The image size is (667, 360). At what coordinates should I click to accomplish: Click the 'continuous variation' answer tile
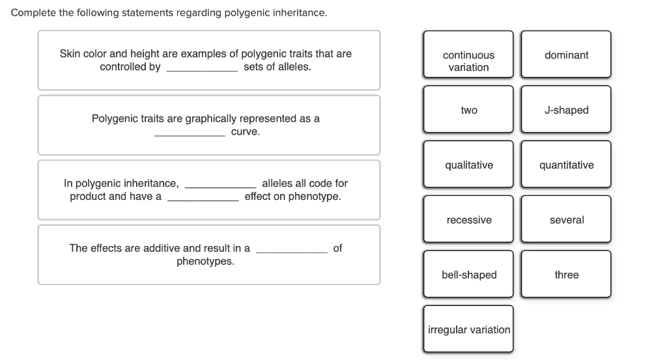pos(468,61)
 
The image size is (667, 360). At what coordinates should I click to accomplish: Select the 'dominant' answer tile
pos(566,55)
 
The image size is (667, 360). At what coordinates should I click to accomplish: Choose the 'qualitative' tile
pos(468,165)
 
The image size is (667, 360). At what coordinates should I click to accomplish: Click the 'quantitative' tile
pos(566,165)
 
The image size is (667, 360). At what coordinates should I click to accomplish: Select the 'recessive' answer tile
pos(468,220)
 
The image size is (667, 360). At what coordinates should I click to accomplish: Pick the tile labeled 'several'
pos(566,220)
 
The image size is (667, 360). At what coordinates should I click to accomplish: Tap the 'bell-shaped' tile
pos(468,275)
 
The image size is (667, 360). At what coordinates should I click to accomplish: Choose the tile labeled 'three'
pos(566,275)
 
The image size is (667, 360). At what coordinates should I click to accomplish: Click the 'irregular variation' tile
pos(468,329)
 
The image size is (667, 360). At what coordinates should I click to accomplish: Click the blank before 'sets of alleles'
pos(202,68)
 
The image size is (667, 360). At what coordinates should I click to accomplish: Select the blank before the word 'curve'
pos(190,133)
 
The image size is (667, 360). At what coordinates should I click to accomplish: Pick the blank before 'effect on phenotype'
pos(203,198)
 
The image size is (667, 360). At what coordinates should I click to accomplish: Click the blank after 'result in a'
pos(291,249)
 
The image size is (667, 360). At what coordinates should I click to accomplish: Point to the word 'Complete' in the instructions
pos(34,13)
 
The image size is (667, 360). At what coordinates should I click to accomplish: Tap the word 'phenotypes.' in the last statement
pos(205,262)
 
